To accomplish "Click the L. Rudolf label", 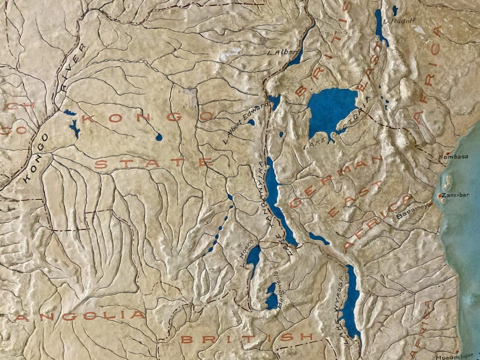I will [x=397, y=21].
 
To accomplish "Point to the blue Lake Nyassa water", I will [x=352, y=300].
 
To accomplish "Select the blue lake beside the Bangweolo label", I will [x=271, y=296].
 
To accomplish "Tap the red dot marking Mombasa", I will [x=449, y=153].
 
